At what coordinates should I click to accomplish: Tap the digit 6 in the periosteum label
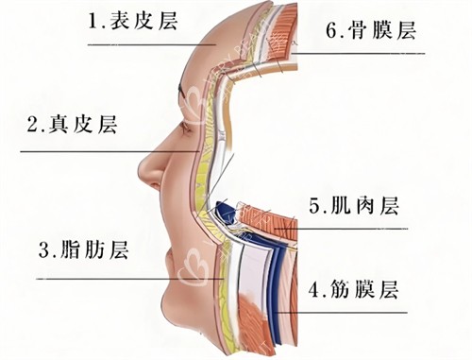click(332, 31)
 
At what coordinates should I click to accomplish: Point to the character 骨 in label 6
click(359, 31)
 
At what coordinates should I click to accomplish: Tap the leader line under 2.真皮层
click(94, 150)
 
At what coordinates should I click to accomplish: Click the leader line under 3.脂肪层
click(113, 278)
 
